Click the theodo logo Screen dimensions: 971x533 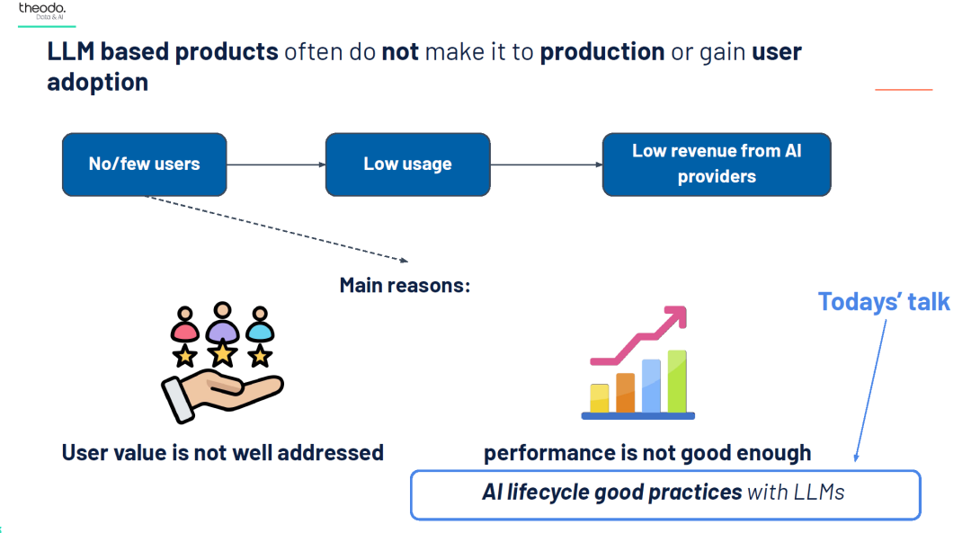pyautogui.click(x=42, y=11)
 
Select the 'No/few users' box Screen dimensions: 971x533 pyautogui.click(x=144, y=164)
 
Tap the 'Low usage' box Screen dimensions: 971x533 pyautogui.click(x=407, y=164)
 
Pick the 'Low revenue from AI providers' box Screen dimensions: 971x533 pyautogui.click(x=717, y=164)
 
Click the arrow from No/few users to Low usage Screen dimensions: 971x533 pyautogui.click(x=276, y=164)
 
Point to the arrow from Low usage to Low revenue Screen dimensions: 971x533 pyautogui.click(x=547, y=164)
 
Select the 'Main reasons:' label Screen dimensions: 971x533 pyautogui.click(x=405, y=286)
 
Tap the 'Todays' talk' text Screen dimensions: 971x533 pyautogui.click(x=884, y=302)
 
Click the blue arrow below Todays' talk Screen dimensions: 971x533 pyautogui.click(x=870, y=391)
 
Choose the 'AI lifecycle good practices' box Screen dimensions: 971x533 pyautogui.click(x=665, y=495)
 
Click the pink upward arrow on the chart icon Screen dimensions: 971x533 pyautogui.click(x=640, y=335)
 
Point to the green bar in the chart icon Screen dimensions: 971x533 pyautogui.click(x=677, y=381)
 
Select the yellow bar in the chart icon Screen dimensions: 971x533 pyautogui.click(x=600, y=399)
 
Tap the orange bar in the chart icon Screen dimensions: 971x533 pyautogui.click(x=626, y=393)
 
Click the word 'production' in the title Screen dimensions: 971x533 pyautogui.click(x=601, y=52)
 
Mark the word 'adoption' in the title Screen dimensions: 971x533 pyautogui.click(x=98, y=83)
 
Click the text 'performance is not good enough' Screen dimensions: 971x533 pyautogui.click(x=647, y=453)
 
